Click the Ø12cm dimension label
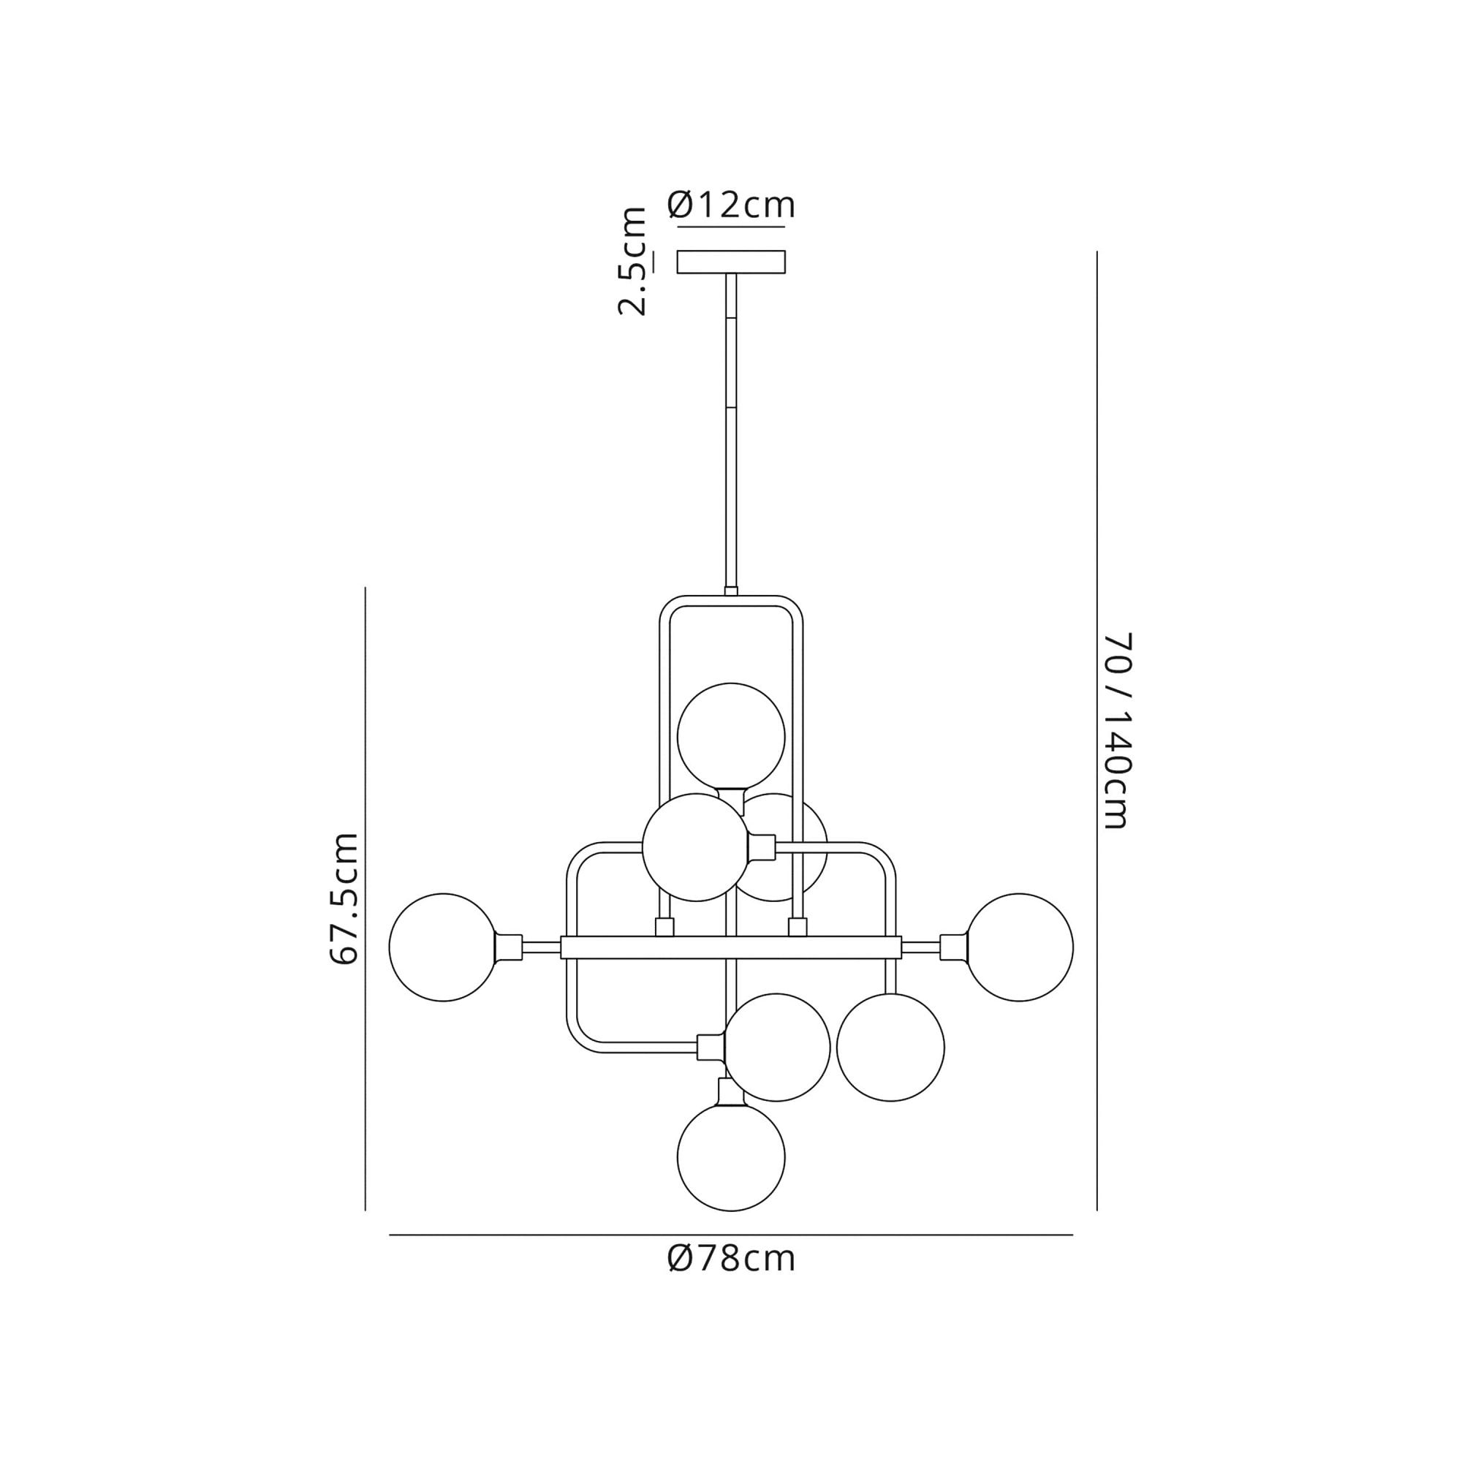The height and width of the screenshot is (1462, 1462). [731, 205]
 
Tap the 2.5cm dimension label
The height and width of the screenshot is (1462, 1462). [632, 260]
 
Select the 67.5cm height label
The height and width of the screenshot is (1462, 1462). [344, 898]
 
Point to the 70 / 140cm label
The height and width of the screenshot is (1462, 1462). [1117, 730]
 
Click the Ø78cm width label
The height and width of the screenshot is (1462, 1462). [731, 1259]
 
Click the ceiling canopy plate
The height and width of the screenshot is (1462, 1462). [731, 262]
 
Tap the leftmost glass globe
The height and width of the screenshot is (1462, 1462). [444, 947]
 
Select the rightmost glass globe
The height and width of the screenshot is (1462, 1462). [1018, 947]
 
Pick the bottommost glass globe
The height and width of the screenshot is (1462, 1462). [731, 1157]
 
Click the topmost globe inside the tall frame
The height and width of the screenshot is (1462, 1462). [731, 737]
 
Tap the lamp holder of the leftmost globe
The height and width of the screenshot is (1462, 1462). [509, 947]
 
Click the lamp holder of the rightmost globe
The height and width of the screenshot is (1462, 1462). [953, 947]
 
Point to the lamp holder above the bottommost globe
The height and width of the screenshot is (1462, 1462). [731, 1092]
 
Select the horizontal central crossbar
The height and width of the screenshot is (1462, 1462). [731, 947]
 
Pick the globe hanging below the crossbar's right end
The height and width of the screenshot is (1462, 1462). [890, 1048]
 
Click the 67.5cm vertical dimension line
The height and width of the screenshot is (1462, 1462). [365, 898]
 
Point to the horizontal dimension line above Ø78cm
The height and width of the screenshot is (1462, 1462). [731, 1235]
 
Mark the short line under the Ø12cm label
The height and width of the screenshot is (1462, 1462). [731, 227]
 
